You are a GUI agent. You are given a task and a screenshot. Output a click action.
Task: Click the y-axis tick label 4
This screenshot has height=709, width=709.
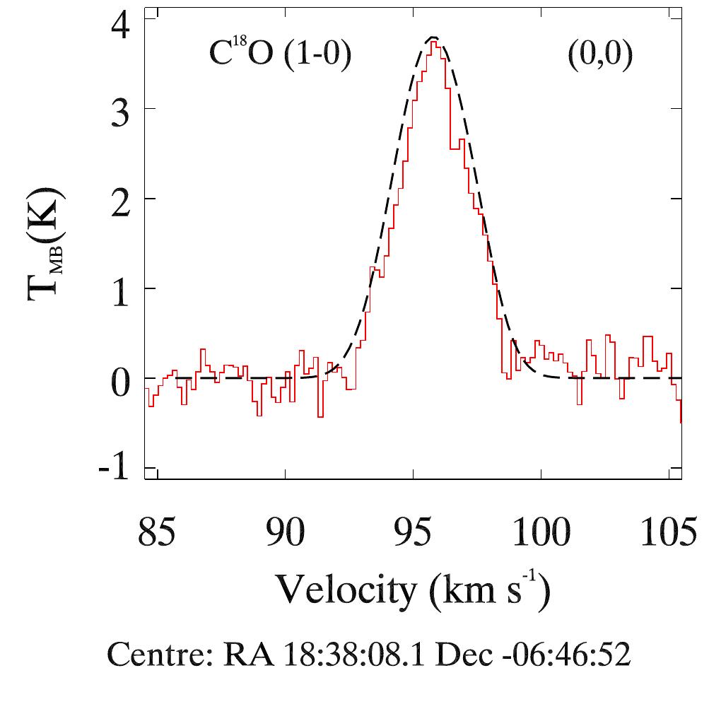click(x=120, y=25)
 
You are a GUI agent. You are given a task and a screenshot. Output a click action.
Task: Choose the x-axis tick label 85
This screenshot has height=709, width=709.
click(x=156, y=532)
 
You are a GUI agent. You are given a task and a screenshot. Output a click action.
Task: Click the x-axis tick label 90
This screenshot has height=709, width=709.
click(x=286, y=532)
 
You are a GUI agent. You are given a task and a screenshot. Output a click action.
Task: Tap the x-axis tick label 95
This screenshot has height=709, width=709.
click(x=413, y=532)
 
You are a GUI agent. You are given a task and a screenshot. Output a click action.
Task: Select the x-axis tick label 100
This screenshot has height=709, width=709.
click(x=541, y=532)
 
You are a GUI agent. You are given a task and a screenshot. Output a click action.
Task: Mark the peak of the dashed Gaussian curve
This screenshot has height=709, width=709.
click(x=433, y=37)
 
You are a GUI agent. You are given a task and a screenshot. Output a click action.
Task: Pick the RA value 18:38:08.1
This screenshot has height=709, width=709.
click(x=355, y=655)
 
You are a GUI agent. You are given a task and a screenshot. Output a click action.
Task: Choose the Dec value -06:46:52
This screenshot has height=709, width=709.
click(x=567, y=655)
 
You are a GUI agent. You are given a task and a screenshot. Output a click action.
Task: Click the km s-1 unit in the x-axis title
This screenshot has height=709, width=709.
click(x=489, y=591)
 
